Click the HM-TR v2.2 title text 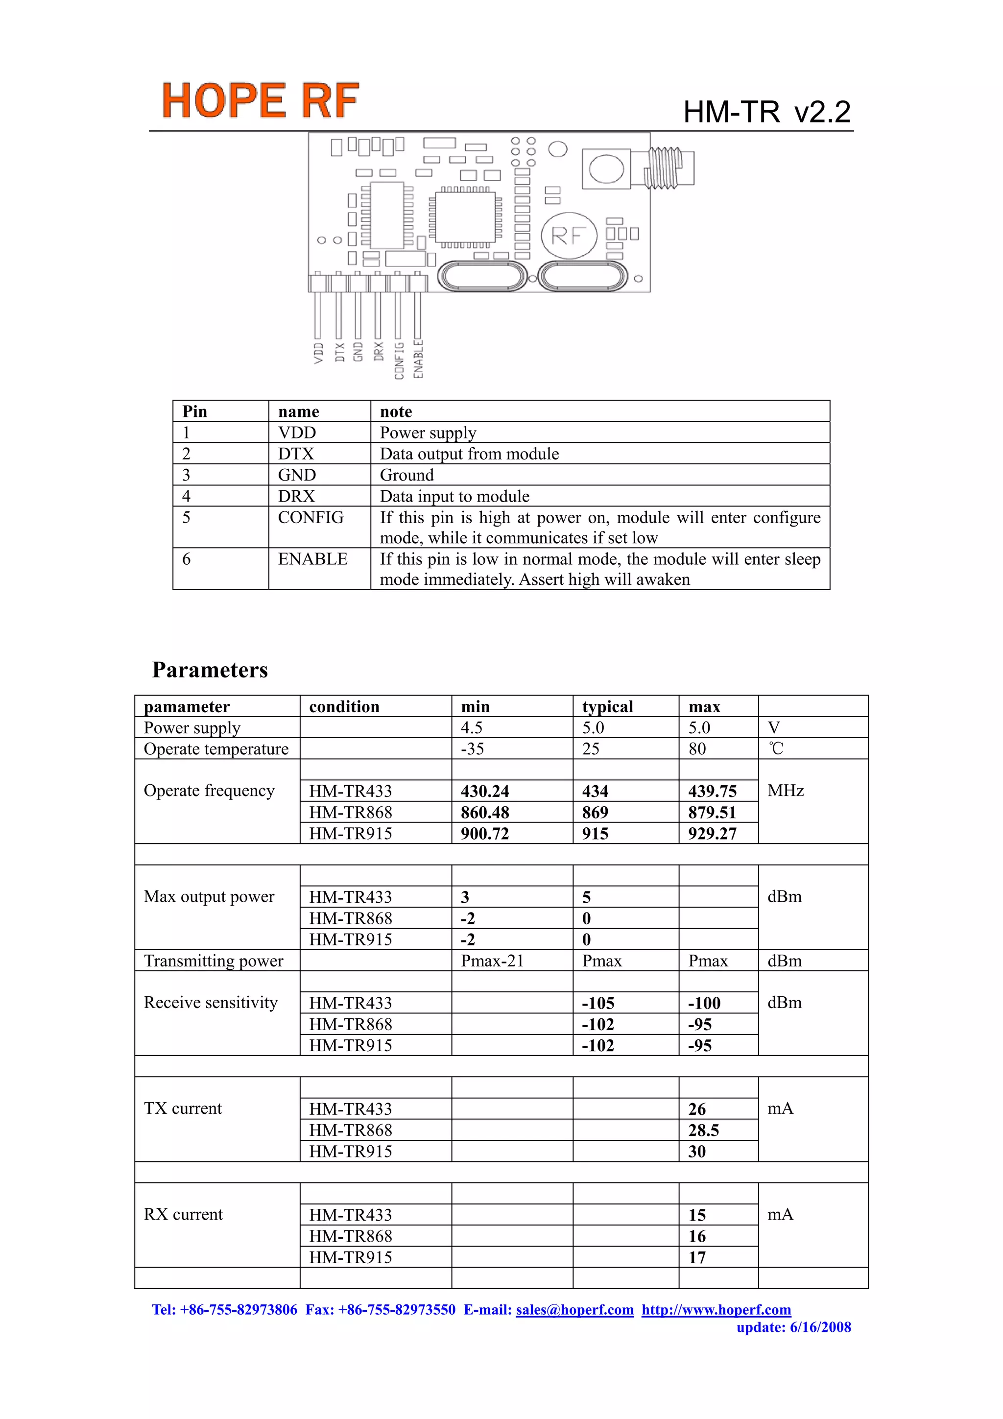tap(766, 112)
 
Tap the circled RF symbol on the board tap(569, 236)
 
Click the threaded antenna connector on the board tap(668, 168)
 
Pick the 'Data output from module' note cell tap(469, 454)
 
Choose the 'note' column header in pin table tap(396, 411)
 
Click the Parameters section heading tap(210, 670)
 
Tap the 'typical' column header tap(607, 706)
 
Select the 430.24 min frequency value tap(484, 791)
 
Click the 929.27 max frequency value tap(712, 834)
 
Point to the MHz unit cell tap(785, 791)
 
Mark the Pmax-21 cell tap(492, 961)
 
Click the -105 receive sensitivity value tap(597, 1003)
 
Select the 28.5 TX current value tap(703, 1130)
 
